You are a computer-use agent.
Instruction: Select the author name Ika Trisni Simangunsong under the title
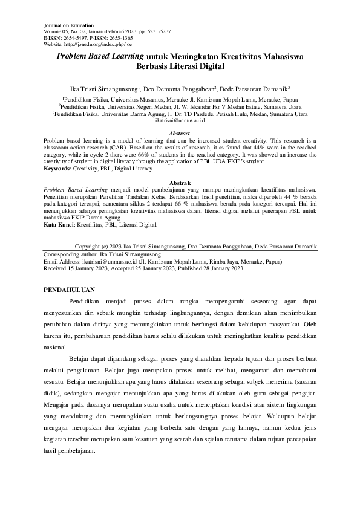(x=104, y=88)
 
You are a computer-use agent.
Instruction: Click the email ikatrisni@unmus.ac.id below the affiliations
(x=180, y=121)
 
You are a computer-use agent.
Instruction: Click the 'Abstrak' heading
(x=180, y=182)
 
